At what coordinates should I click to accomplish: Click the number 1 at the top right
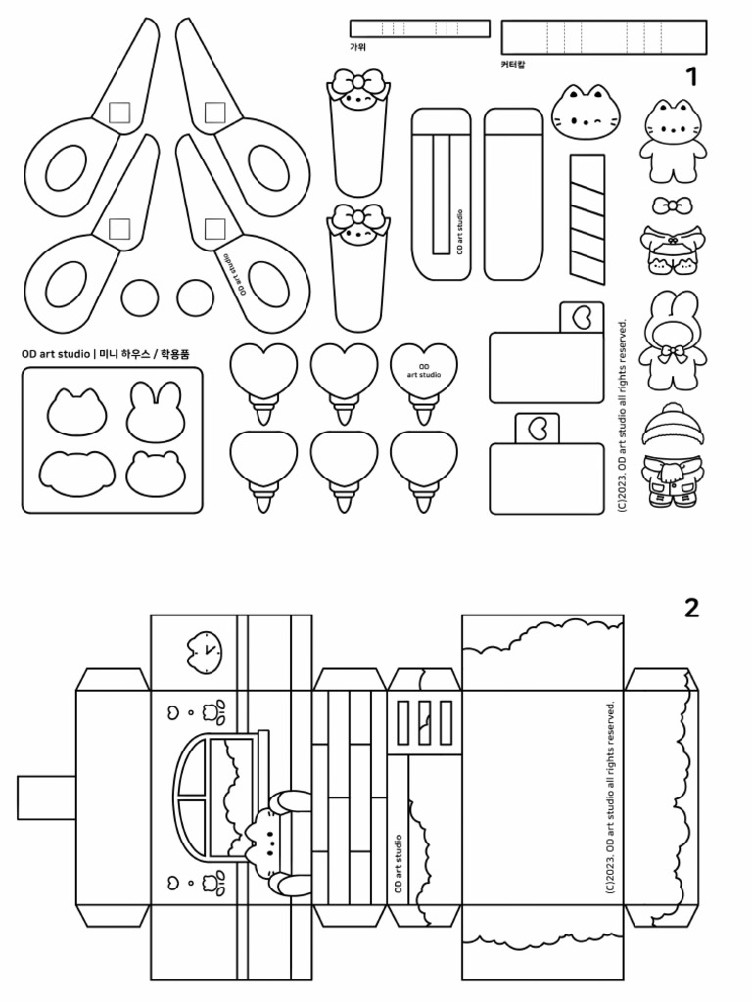coord(691,76)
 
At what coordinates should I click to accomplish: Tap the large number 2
coord(691,608)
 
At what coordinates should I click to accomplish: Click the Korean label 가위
coord(357,47)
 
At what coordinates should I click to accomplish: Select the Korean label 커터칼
coord(513,65)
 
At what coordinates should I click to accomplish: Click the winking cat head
coord(586,114)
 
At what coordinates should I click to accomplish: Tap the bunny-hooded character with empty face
coord(672,340)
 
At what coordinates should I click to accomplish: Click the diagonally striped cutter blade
coord(587,218)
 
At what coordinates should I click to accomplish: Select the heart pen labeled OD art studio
coord(423,384)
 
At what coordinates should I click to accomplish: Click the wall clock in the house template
coord(204,651)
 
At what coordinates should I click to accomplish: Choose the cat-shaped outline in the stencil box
coord(76,412)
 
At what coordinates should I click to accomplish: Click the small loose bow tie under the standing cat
coord(672,205)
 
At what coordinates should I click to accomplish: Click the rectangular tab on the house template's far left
coord(46,797)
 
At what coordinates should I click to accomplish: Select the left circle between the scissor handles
coord(140,297)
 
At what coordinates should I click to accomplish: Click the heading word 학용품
coord(174,353)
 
